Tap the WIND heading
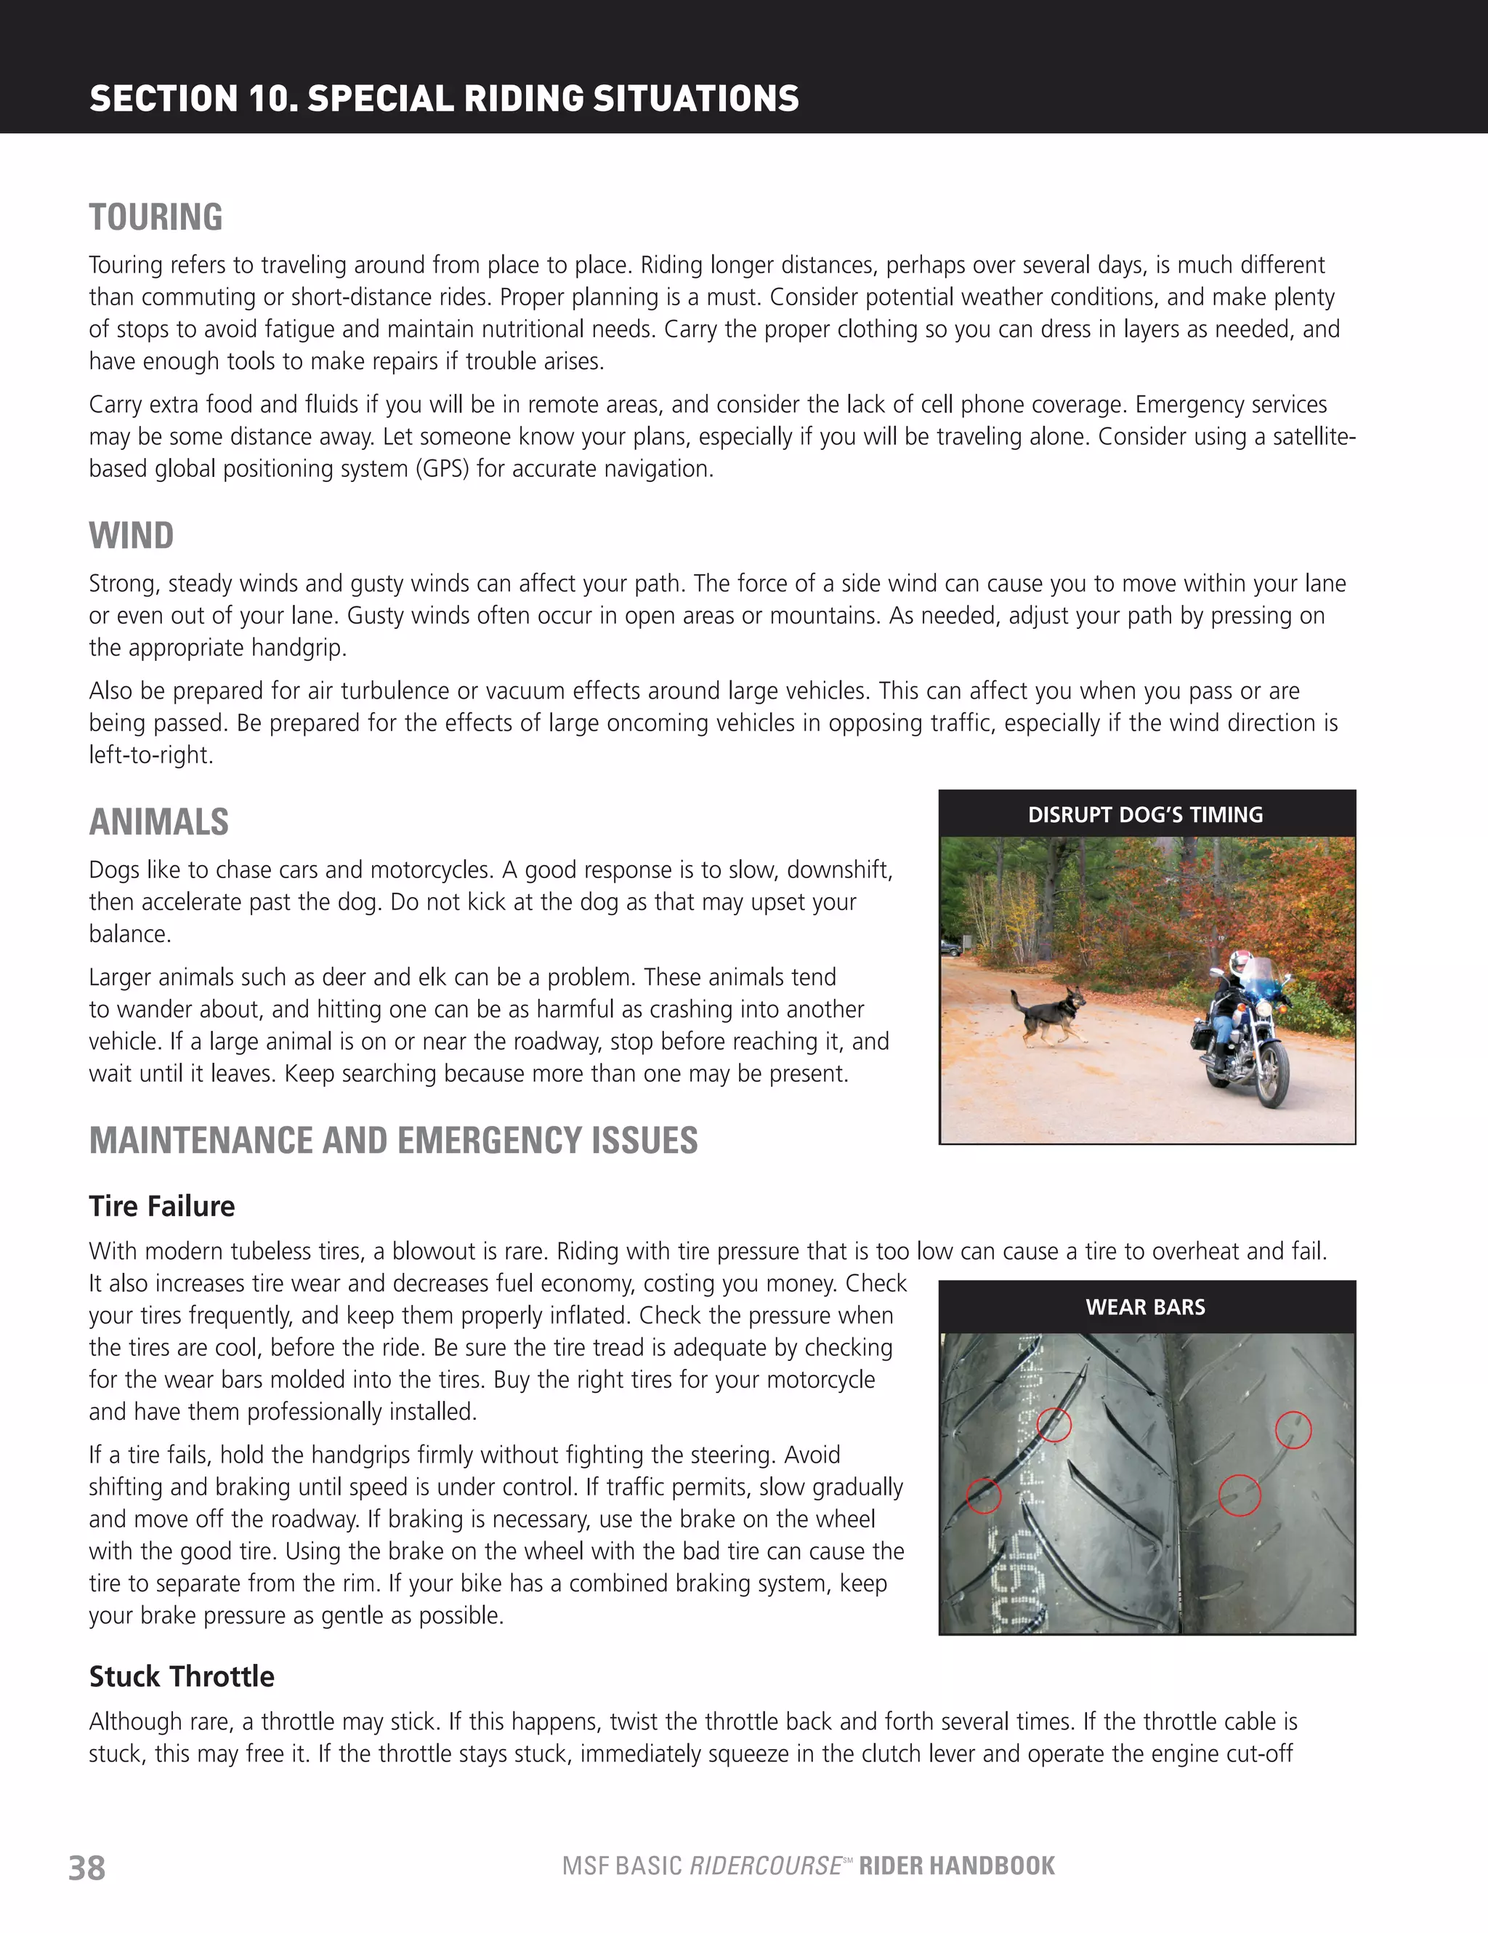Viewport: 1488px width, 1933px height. (131, 537)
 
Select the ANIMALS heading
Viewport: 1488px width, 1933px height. (158, 822)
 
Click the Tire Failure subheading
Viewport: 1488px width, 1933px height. (162, 1206)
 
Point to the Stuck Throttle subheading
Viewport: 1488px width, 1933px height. (182, 1676)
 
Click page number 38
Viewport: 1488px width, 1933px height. (86, 1868)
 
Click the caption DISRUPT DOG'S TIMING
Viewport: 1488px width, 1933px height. (1146, 815)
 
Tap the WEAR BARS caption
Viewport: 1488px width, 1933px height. (1146, 1307)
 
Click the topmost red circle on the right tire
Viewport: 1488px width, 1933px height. (1293, 1429)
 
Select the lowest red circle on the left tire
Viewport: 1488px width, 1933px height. (984, 1496)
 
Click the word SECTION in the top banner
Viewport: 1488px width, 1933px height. (163, 98)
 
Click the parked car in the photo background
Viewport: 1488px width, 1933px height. (951, 949)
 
